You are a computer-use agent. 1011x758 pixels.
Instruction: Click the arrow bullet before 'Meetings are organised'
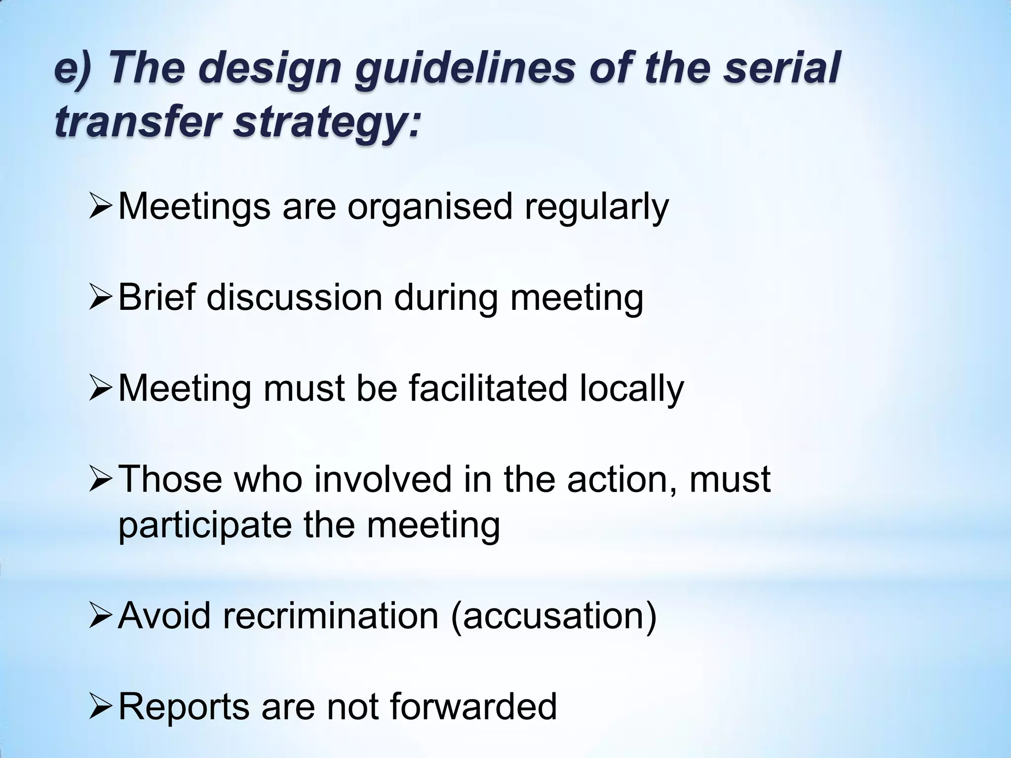(x=101, y=207)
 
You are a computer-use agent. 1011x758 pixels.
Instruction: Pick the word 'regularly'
(x=596, y=207)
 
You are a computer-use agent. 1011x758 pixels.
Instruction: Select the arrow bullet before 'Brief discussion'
(x=101, y=298)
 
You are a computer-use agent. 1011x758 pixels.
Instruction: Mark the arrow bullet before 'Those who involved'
(x=101, y=480)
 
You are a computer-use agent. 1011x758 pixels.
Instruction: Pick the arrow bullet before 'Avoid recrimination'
(x=101, y=616)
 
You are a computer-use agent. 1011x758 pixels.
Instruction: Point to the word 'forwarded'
(x=473, y=706)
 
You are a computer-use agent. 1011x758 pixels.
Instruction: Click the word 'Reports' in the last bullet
(x=184, y=707)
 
